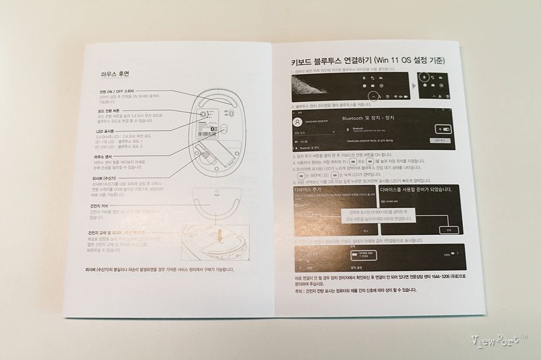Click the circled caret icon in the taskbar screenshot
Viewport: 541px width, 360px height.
coord(375,96)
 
